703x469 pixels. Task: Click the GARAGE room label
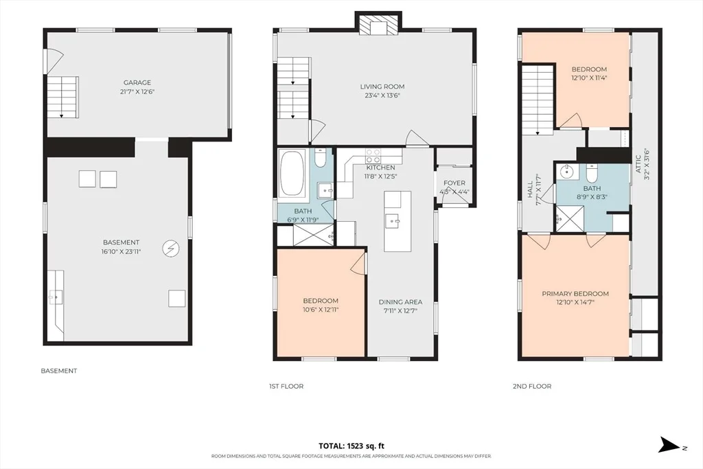point(137,82)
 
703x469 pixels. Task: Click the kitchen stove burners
point(373,156)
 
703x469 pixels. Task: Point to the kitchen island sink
point(393,220)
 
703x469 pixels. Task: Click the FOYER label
point(454,183)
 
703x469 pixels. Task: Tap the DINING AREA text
point(400,302)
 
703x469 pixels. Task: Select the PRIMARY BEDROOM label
point(575,294)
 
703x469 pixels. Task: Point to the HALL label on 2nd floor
point(531,190)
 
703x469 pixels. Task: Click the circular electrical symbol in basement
point(171,248)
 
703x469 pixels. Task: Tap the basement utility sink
point(56,297)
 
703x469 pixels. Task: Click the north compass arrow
point(669,445)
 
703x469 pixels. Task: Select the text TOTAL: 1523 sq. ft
point(351,446)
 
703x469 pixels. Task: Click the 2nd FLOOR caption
point(532,386)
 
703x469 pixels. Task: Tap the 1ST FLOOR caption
point(286,386)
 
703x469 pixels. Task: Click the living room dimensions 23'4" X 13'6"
point(382,95)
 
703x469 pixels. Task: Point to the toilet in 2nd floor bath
point(592,172)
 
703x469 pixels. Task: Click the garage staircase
point(63,97)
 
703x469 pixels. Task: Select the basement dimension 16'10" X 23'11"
point(121,251)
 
